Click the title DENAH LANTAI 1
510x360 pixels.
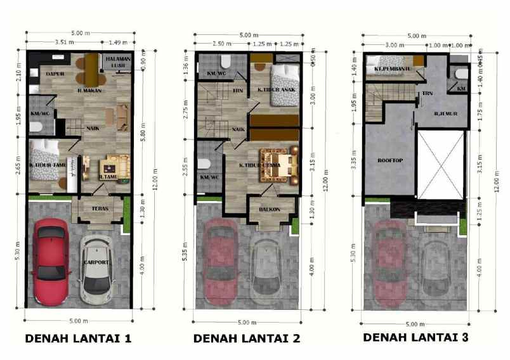(79, 338)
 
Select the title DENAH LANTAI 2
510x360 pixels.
(246, 338)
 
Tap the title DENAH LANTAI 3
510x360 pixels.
(415, 338)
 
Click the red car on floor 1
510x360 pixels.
(50, 260)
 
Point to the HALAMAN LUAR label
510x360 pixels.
(117, 62)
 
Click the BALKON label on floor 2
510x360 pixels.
(270, 209)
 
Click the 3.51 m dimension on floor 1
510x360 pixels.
(62, 42)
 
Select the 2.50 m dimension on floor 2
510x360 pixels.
(221, 44)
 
